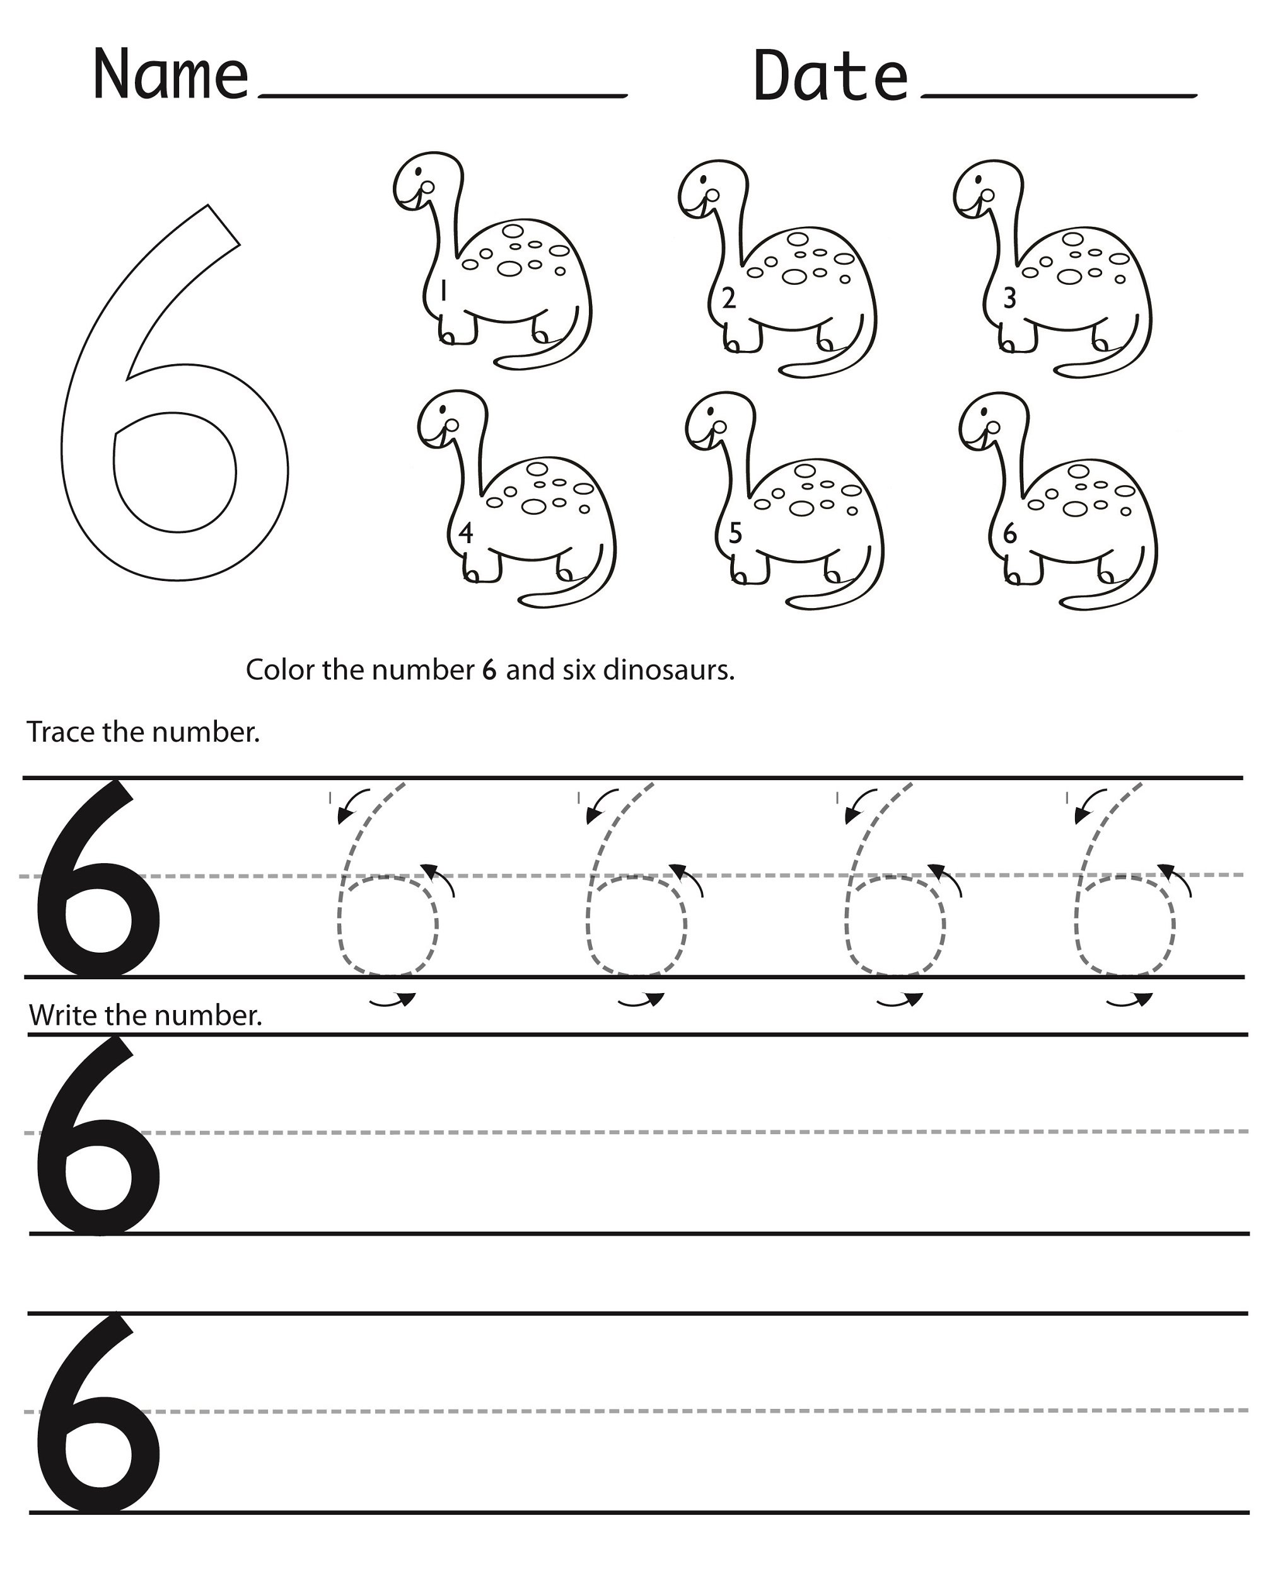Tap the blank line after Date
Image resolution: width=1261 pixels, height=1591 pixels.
pos(1059,95)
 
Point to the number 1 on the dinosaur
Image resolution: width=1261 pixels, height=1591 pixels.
pos(443,292)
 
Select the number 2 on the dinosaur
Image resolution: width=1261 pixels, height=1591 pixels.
pos(729,298)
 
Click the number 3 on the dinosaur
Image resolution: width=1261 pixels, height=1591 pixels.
pos(1010,298)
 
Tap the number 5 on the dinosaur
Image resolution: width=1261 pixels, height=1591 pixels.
pos(735,533)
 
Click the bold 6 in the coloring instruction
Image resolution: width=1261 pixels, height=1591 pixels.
pos(489,670)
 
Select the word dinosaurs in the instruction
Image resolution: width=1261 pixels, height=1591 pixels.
pos(668,670)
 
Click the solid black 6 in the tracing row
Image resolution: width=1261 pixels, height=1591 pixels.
pos(96,885)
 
